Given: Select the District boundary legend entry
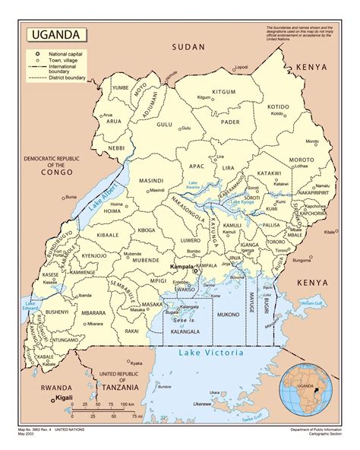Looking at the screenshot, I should [65, 78].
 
